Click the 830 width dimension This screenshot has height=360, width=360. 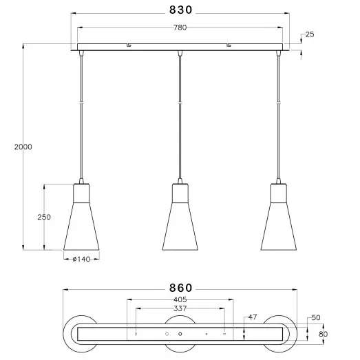(180, 10)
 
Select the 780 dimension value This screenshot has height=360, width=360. (180, 28)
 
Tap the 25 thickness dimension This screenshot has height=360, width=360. (310, 34)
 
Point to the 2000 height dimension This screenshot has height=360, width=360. (23, 147)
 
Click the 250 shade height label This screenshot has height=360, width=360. (44, 217)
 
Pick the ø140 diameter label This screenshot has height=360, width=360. (81, 259)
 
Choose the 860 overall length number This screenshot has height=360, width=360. (180, 288)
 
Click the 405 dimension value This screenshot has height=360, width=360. (180, 299)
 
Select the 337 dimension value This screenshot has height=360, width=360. (180, 308)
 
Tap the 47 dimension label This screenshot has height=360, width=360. (253, 317)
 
